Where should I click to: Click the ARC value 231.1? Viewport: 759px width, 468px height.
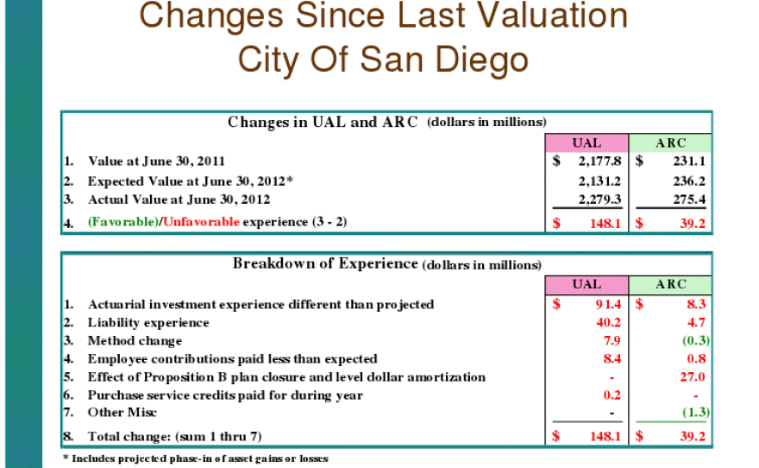[689, 161]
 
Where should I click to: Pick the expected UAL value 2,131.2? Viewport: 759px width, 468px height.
[599, 181]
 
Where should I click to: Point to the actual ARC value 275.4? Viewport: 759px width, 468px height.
[689, 199]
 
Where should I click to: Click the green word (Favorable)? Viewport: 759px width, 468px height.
[123, 222]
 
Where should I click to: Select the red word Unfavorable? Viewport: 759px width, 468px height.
[200, 222]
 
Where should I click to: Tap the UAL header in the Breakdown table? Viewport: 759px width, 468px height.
[587, 284]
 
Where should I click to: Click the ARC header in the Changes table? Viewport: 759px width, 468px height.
[670, 142]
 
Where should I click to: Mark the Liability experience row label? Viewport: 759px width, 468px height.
[147, 322]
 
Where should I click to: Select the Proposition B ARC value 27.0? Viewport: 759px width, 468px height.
[693, 376]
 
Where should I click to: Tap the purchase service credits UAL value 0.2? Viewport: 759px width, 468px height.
[611, 395]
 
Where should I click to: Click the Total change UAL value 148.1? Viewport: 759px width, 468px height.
[603, 436]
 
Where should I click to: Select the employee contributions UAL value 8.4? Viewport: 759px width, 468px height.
[611, 358]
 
